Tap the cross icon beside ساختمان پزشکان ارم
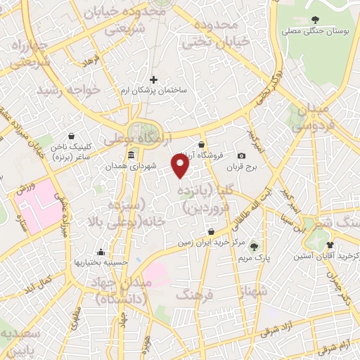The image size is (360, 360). tap(153, 79)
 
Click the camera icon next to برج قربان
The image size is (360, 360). tap(241, 155)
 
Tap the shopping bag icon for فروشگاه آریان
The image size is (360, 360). tap(202, 144)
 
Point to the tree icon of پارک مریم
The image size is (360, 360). tap(252, 246)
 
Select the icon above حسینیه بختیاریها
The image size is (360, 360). tap(101, 252)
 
